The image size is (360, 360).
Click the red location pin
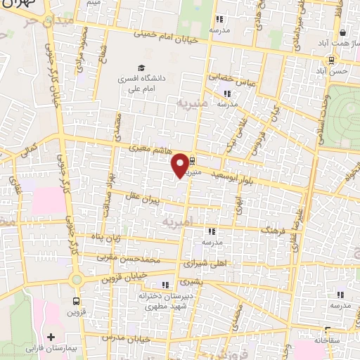coord(181,165)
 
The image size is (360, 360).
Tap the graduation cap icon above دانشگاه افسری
coord(141,68)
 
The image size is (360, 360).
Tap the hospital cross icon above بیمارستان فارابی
coord(51,337)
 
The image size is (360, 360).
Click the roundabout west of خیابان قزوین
coord(75,280)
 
